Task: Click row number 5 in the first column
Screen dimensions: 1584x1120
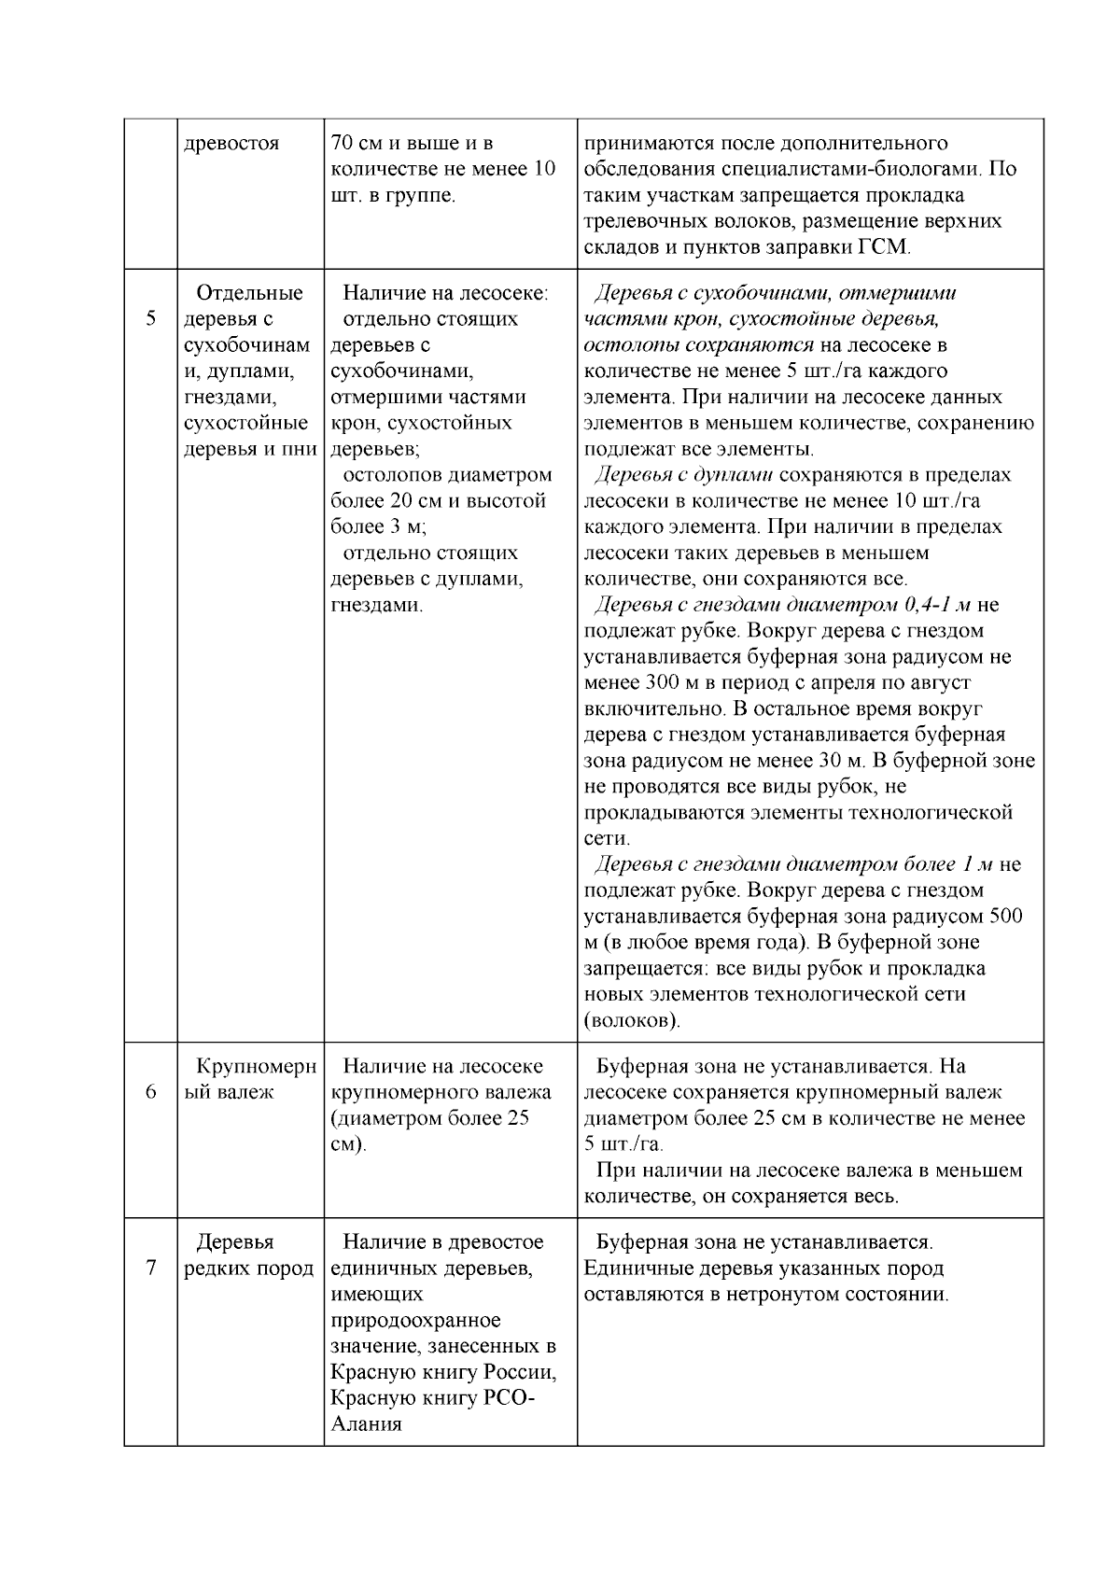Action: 151,319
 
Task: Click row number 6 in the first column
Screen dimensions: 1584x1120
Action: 151,1092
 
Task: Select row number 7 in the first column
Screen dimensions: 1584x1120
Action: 151,1269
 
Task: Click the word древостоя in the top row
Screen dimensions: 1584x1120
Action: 231,144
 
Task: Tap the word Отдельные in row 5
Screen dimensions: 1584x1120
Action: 250,293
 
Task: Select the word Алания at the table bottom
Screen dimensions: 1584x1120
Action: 366,1424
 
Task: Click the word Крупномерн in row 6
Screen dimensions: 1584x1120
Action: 257,1066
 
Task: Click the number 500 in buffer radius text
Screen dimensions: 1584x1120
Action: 1005,917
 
